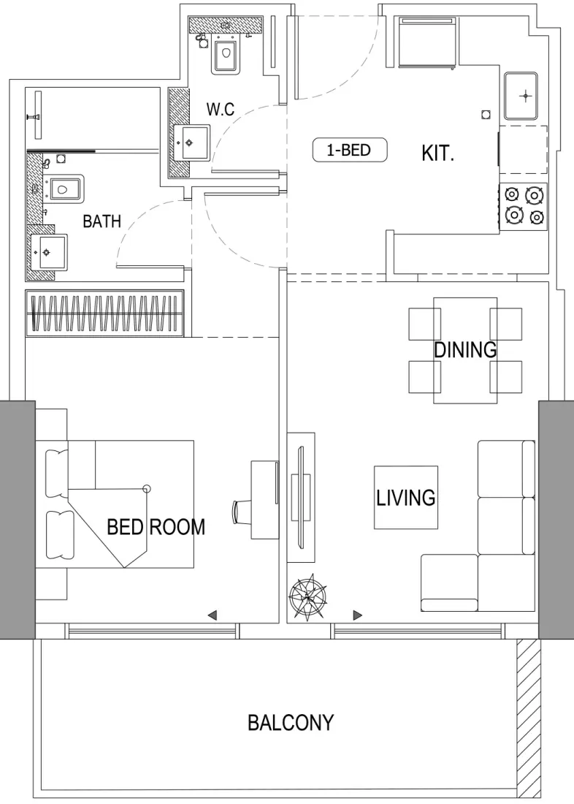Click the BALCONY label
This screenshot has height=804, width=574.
point(291,723)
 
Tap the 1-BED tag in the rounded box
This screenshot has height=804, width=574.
point(349,151)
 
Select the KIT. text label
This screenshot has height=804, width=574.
point(438,153)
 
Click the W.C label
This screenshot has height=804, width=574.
point(220,110)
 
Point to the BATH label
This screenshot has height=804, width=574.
point(102,221)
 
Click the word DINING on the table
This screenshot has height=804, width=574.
point(465,350)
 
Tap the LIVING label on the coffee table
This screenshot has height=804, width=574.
point(406,498)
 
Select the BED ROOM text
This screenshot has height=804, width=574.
point(156,527)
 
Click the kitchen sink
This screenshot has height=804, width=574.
point(521,96)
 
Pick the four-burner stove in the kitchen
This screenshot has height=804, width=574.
point(524,206)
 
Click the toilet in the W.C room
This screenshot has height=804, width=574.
point(225,55)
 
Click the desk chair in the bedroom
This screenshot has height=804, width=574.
point(242,510)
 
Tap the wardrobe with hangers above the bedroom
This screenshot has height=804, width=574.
point(104,313)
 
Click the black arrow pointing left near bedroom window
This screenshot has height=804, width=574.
point(212,615)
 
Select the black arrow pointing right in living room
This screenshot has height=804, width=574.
point(358,615)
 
